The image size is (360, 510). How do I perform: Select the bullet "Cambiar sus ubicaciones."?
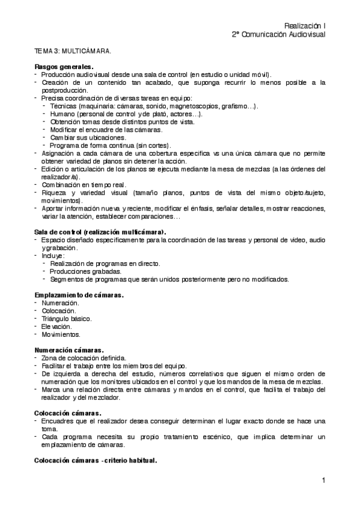88,137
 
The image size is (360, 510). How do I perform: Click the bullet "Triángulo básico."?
67,318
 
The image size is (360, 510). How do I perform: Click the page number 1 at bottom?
323,480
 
